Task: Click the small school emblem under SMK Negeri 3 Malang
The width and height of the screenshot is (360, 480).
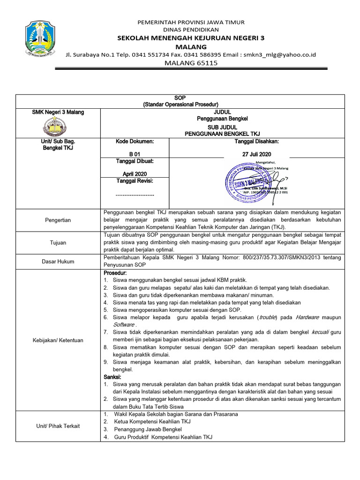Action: (55, 126)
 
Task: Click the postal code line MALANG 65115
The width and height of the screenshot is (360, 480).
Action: (191, 63)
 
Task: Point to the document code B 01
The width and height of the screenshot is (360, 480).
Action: (135, 154)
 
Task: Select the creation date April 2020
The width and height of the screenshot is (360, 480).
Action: (135, 173)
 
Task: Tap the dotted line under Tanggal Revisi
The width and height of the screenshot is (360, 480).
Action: (135, 194)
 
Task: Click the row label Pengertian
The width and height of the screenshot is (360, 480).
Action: (58, 219)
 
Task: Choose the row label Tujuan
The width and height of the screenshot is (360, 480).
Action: (58, 242)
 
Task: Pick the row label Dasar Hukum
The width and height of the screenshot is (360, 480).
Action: (58, 262)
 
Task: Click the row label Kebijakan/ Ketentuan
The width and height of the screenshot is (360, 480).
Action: (58, 340)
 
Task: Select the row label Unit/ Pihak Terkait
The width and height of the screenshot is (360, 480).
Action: (58, 426)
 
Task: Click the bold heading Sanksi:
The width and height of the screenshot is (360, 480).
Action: (112, 377)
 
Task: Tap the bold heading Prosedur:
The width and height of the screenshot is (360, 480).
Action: (114, 272)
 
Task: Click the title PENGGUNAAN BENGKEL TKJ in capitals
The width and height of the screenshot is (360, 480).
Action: (222, 134)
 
